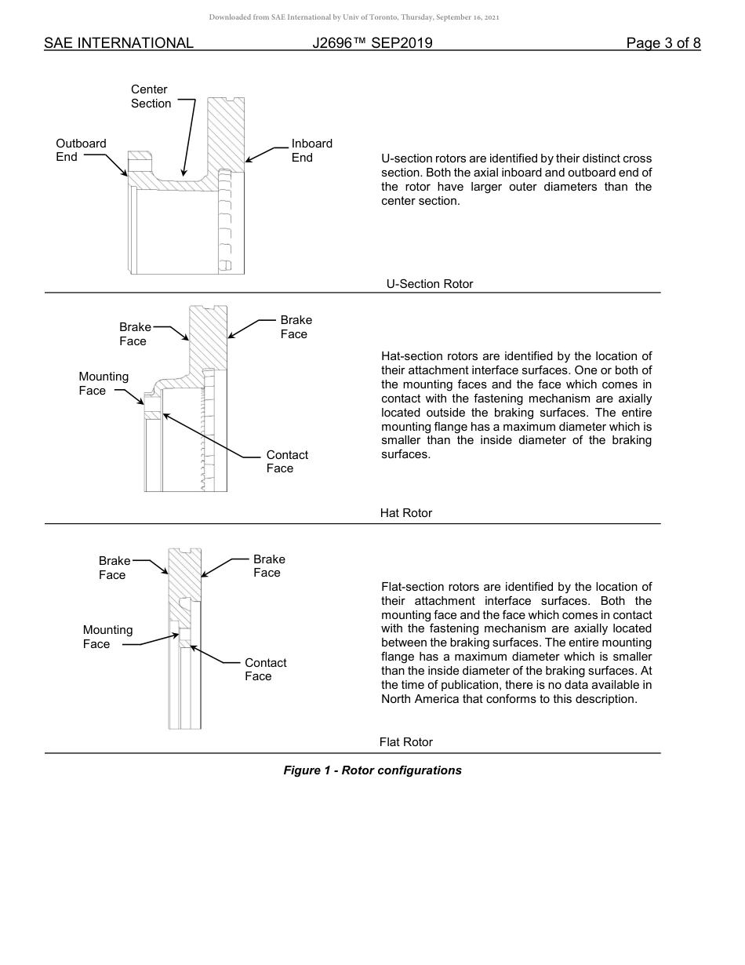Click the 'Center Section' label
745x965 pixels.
pos(151,96)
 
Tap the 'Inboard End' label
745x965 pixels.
pos(311,150)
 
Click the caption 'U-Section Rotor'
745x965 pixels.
pos(430,284)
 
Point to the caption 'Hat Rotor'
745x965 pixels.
pos(405,513)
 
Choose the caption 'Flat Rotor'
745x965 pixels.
pos(405,742)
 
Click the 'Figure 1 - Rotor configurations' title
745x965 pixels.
pos(372,770)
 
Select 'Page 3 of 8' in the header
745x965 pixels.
pos(663,43)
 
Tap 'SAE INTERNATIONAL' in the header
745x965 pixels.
pos(118,43)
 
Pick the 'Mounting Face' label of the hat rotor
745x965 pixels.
pos(103,384)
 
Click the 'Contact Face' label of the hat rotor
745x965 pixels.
pos(286,461)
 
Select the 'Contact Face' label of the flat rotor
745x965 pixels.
pos(265,669)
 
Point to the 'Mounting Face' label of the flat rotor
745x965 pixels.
pos(107,637)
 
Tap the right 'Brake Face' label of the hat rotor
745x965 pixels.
pos(295,327)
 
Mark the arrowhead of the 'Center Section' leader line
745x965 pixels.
pos(184,173)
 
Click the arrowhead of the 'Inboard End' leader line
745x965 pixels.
pos(247,161)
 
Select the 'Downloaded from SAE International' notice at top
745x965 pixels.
pos(354,17)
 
